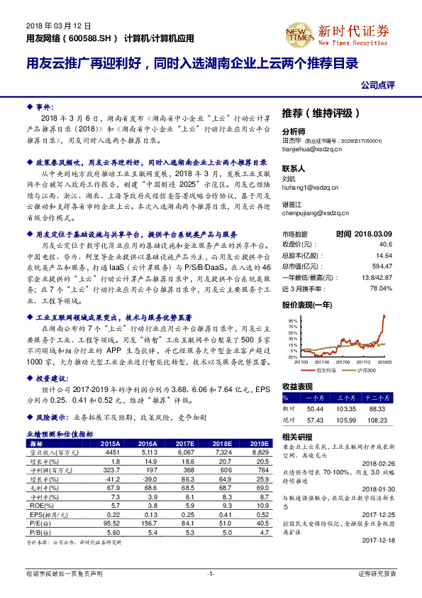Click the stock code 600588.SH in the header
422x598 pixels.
click(88, 37)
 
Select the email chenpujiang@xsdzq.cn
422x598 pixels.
click(313, 212)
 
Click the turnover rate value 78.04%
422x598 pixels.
click(381, 288)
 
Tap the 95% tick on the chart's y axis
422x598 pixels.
click(292, 320)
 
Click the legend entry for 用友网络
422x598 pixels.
click(323, 369)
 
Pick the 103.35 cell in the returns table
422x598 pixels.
click(345, 409)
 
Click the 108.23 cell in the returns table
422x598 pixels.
click(380, 420)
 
